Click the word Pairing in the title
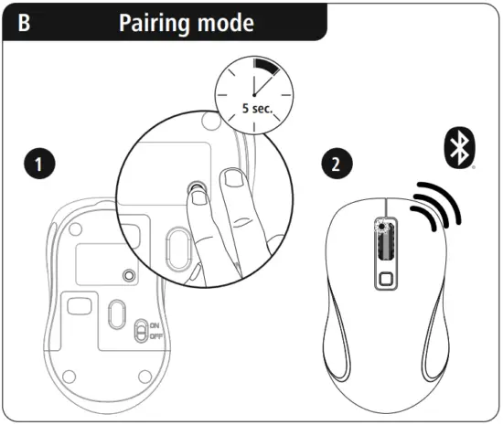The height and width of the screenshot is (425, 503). (x=156, y=21)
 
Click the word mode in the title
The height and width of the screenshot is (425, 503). (x=226, y=21)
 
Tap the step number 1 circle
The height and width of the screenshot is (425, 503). (x=37, y=165)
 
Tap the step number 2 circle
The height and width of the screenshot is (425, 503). (x=336, y=165)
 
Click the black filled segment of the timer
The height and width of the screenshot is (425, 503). (x=268, y=69)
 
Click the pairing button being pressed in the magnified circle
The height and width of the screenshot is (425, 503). (x=195, y=188)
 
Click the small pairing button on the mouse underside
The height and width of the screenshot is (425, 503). (x=129, y=274)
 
